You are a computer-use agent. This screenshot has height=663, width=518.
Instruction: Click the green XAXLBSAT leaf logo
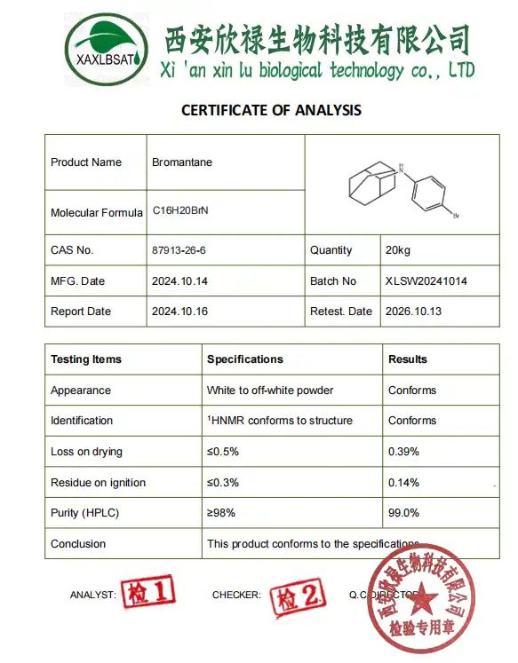pyautogui.click(x=105, y=44)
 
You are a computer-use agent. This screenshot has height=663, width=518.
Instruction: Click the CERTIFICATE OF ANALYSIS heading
pyautogui.click(x=271, y=110)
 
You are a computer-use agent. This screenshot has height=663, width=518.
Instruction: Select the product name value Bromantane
pyautogui.click(x=182, y=162)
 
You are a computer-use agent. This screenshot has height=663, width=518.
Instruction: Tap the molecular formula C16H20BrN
pyautogui.click(x=180, y=211)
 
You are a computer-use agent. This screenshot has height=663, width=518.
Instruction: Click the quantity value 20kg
pyautogui.click(x=397, y=250)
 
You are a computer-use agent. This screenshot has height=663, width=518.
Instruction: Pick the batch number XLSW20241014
pyautogui.click(x=426, y=281)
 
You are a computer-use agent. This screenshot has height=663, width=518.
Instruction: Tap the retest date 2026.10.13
pyautogui.click(x=413, y=312)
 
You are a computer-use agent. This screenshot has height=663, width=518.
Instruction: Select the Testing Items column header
pyautogui.click(x=86, y=359)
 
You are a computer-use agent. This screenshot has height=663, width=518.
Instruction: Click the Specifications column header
pyautogui.click(x=245, y=359)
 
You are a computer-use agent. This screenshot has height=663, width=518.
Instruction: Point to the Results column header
pyautogui.click(x=408, y=359)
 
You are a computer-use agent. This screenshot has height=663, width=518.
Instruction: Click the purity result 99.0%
pyautogui.click(x=403, y=513)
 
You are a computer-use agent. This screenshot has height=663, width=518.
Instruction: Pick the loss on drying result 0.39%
pyautogui.click(x=403, y=452)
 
